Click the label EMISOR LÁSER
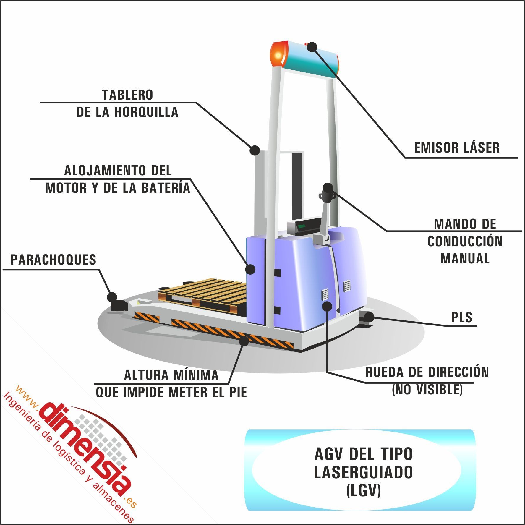456,148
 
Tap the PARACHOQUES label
54,260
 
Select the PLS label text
462,317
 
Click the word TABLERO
127,95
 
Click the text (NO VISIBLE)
427,390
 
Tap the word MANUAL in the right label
465,259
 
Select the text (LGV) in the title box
363,490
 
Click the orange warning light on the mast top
278,55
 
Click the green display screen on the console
302,226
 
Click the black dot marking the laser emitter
312,47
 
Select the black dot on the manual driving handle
328,187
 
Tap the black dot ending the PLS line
369,317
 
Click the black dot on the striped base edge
244,341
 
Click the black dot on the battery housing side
250,269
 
